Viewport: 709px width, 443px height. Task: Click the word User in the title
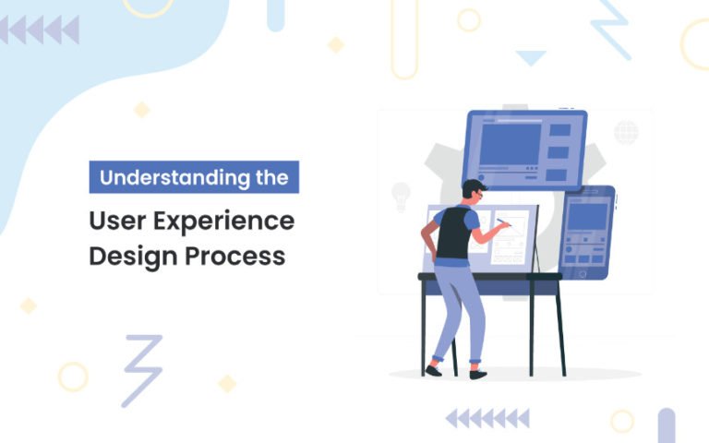pos(112,221)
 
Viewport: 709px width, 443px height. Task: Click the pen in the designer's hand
pos(505,222)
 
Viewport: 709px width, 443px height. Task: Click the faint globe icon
pos(627,132)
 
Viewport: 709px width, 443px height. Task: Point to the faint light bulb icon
pos(401,196)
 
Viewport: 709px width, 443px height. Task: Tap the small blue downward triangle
pos(531,58)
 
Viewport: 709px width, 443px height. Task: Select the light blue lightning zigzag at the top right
pos(610,28)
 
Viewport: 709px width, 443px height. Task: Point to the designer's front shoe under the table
pos(477,373)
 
